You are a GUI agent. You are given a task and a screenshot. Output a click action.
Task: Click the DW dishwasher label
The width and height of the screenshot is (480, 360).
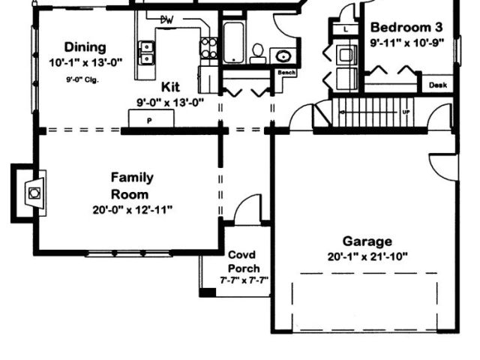[x=166, y=20]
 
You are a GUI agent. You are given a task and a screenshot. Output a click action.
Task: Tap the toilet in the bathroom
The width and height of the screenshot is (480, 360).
[x=258, y=53]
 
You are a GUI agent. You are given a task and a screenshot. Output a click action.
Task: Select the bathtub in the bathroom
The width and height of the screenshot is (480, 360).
[x=233, y=42]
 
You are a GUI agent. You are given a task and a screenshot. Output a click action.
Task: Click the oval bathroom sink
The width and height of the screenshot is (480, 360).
[x=283, y=56]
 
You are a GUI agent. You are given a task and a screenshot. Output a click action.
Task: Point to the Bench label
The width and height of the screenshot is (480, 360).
[x=286, y=73]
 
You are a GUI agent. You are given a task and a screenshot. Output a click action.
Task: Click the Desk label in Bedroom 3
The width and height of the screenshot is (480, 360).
[x=438, y=85]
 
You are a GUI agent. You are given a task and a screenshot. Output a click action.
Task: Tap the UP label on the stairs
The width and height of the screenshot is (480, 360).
[x=406, y=112]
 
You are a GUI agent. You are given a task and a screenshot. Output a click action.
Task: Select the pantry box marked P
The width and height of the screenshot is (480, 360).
[x=151, y=118]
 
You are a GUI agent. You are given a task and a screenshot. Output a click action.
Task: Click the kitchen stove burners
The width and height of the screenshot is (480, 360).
[x=208, y=47]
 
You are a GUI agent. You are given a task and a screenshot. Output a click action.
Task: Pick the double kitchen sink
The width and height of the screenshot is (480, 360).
[x=147, y=52]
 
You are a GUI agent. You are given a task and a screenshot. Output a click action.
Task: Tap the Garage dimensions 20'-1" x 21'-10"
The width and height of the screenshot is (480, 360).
[x=367, y=256]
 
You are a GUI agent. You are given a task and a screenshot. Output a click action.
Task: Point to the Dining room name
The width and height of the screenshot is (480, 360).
[x=85, y=47]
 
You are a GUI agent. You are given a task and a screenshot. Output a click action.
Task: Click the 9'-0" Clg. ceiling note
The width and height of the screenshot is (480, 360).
[x=82, y=80]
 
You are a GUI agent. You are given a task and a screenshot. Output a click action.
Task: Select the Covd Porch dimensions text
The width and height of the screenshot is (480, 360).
[x=244, y=280]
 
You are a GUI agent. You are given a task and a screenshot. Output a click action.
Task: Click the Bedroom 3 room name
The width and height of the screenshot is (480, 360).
[x=406, y=28]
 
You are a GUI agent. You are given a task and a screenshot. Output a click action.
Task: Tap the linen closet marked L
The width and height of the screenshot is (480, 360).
[x=346, y=30]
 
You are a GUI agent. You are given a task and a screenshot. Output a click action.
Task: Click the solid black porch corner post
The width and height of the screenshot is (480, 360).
[x=208, y=292]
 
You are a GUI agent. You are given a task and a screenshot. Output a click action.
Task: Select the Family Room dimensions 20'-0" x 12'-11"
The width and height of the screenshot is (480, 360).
[x=133, y=210]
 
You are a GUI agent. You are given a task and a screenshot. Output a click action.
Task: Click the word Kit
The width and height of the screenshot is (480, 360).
[x=170, y=87]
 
